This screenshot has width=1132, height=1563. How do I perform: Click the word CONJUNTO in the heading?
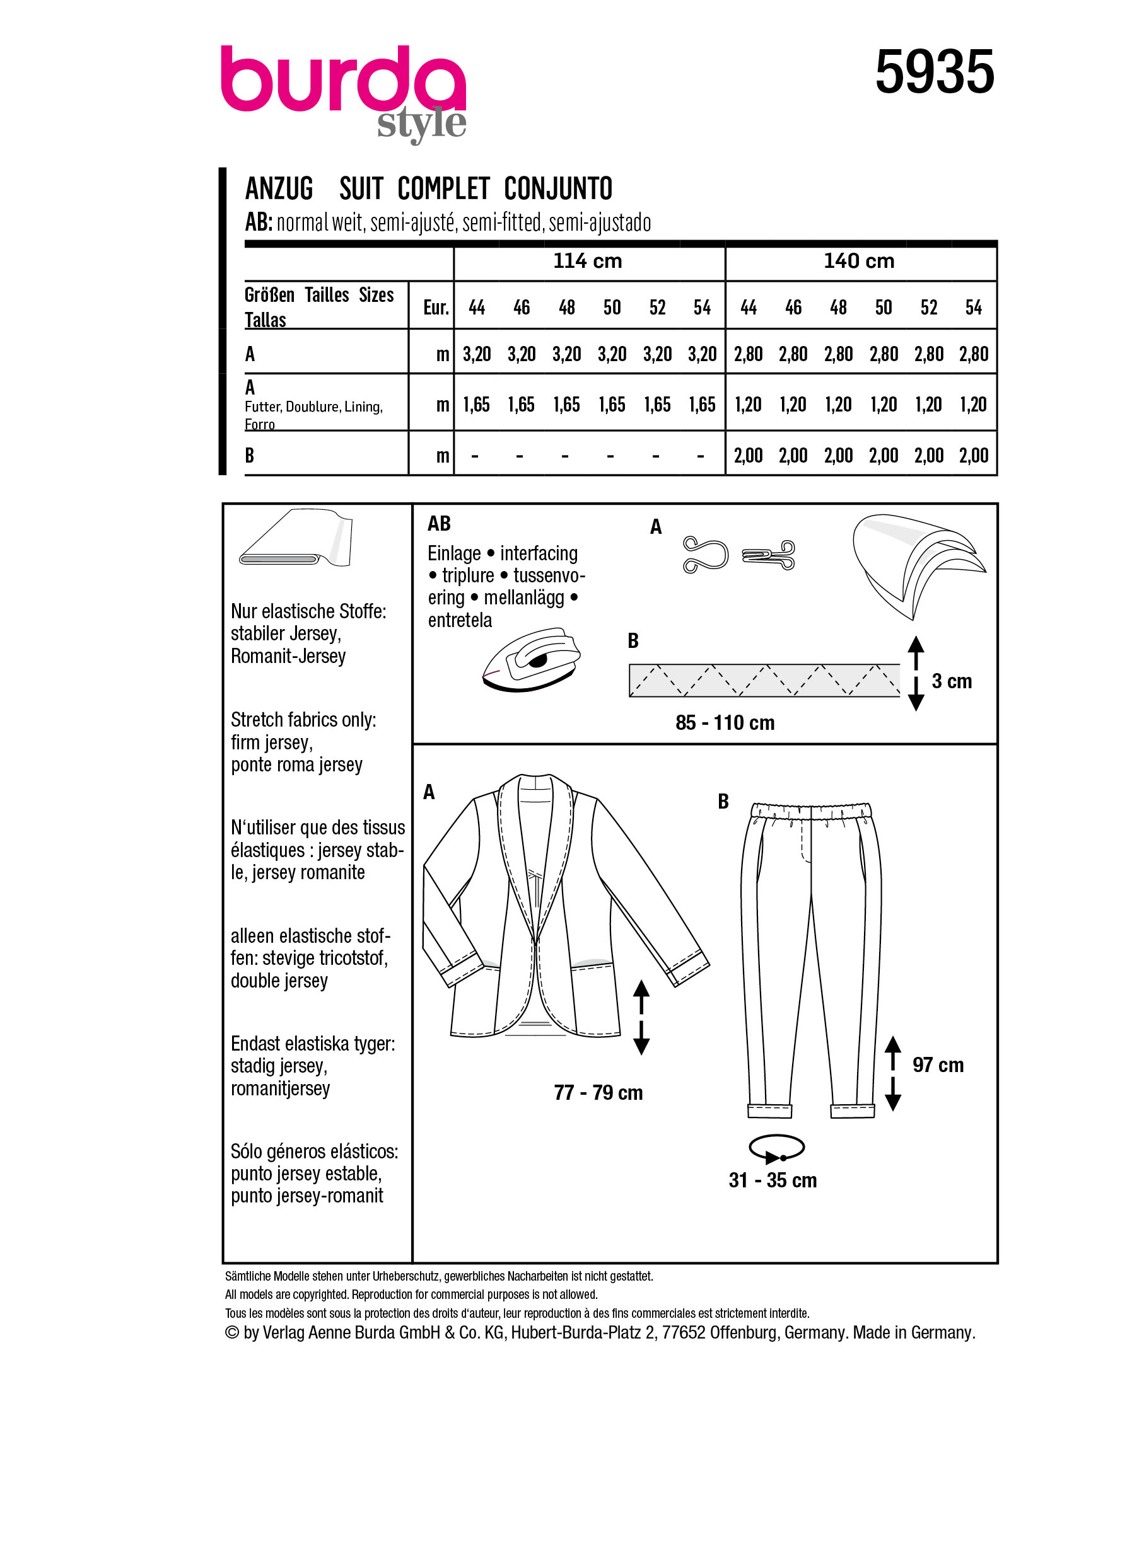pos(557,189)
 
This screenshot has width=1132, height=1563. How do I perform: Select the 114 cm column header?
pos(587,261)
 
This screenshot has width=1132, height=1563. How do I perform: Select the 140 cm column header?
pos(859,261)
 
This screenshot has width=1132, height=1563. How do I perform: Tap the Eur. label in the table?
pos(436,308)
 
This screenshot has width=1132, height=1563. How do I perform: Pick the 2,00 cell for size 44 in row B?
pos(748,456)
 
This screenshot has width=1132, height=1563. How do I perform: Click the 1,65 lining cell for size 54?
pos(702,405)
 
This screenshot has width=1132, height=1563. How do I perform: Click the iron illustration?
pos(532,659)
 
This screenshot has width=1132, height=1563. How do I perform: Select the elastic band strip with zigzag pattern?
pos(764,680)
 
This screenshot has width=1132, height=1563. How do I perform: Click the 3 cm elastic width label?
pos(952,681)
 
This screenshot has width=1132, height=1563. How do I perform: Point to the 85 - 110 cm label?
pos(725,723)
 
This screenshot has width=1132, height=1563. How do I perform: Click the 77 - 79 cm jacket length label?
pos(598,1092)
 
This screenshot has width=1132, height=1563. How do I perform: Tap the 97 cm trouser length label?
pos(938,1064)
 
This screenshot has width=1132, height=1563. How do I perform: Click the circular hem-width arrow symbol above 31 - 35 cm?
pos(776,1148)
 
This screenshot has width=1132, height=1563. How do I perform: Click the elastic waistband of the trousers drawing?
pos(811,810)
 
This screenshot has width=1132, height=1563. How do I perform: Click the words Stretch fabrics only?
pos(303,720)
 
